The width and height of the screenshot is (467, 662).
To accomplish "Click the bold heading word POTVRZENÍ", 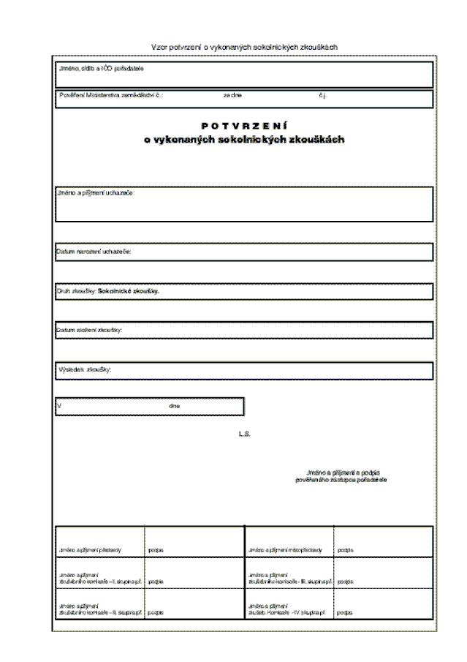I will (244, 127).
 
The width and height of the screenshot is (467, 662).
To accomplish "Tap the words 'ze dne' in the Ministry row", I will (233, 96).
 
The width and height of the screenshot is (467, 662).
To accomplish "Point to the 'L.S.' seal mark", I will (244, 435).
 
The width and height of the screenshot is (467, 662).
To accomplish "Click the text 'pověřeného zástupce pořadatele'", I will (341, 480).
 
